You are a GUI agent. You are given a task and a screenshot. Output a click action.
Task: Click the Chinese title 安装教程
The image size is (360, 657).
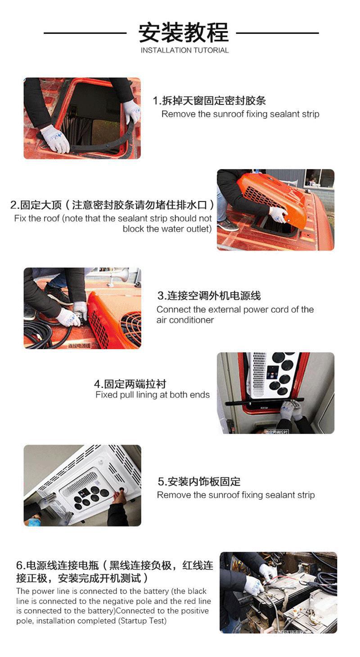pos(184,32)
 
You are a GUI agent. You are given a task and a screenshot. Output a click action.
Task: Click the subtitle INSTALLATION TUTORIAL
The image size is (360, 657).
pos(184,50)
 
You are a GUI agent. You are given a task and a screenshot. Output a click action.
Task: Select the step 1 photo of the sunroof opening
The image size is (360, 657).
pos(82,118)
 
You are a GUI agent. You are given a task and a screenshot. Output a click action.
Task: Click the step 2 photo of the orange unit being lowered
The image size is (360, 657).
pos(275,210)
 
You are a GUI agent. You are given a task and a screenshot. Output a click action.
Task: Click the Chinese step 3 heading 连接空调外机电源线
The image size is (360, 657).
pos(209,296)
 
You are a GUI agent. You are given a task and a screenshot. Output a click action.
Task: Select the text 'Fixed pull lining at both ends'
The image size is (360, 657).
pos(153,395)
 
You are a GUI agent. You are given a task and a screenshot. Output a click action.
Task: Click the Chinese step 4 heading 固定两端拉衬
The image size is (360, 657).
pos(130,384)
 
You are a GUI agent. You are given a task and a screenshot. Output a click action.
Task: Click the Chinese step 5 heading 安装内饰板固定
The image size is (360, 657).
pos(199,481)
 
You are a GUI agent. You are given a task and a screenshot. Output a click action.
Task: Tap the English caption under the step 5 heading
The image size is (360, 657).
pos(236,495)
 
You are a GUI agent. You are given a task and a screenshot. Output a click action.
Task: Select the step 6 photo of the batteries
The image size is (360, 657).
pos(278,592)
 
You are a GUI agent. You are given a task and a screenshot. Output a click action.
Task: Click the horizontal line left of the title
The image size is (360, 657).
pos(85,33)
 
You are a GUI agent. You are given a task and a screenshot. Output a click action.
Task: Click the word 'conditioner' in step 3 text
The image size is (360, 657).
pos(191,320)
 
